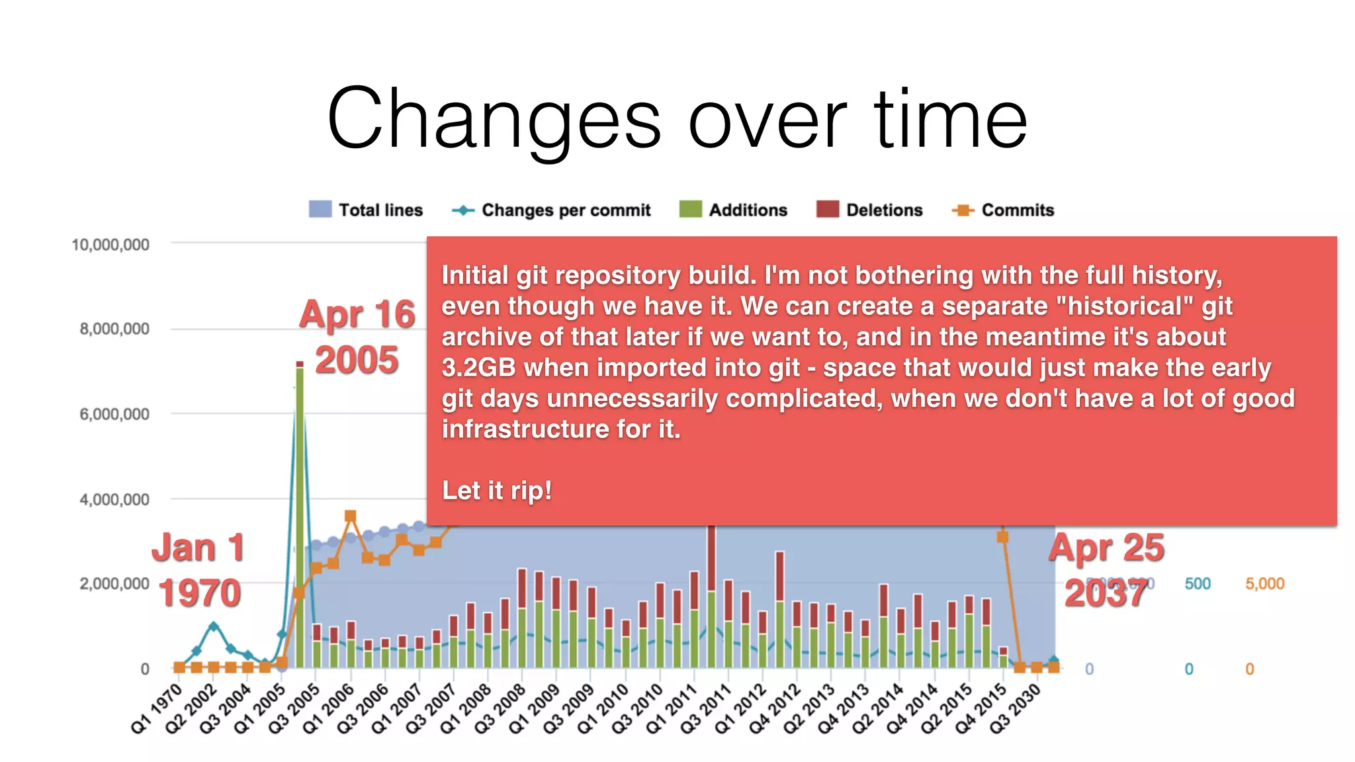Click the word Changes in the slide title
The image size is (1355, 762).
tap(494, 119)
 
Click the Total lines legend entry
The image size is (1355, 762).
tap(366, 210)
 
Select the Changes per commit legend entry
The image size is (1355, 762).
tap(551, 210)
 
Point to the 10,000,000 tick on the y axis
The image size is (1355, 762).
tap(110, 245)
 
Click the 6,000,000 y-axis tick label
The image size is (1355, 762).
tap(114, 414)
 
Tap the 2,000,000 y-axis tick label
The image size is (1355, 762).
tap(114, 584)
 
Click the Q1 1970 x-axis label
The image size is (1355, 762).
tap(157, 708)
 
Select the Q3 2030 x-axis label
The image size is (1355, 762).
tap(1016, 708)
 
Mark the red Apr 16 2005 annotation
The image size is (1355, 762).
tap(357, 337)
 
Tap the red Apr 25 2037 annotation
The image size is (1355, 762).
tap(1106, 570)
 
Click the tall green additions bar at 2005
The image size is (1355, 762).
tap(300, 516)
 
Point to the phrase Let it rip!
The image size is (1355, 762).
tap(497, 491)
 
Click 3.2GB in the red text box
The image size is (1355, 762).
tap(478, 368)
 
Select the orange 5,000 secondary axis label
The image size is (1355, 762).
tap(1264, 584)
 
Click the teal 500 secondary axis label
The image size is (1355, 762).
tap(1198, 584)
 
